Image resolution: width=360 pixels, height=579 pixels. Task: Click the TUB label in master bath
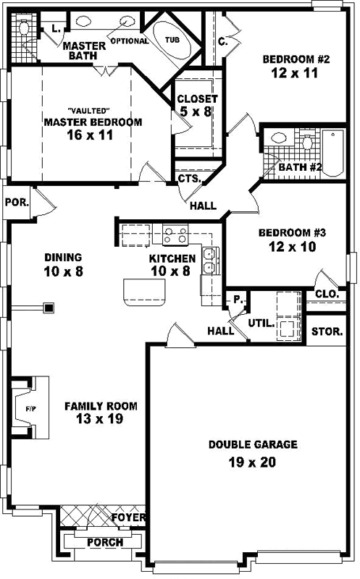tap(172, 40)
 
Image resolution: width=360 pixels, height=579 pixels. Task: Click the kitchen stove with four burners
tap(175, 234)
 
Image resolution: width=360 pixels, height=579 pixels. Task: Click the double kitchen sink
tap(211, 261)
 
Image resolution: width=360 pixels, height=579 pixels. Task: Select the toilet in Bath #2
tap(306, 143)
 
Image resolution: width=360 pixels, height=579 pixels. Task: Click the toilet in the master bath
tap(24, 30)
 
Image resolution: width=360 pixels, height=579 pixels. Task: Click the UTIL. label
tap(261, 324)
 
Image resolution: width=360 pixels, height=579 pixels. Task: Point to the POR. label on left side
tap(16, 203)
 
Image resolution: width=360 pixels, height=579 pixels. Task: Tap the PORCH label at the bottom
tap(104, 542)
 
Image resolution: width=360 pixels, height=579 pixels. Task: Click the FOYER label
tap(130, 518)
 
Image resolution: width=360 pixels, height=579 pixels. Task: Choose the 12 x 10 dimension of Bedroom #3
tap(293, 246)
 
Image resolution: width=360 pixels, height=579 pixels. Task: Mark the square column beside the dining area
tap(49, 308)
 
